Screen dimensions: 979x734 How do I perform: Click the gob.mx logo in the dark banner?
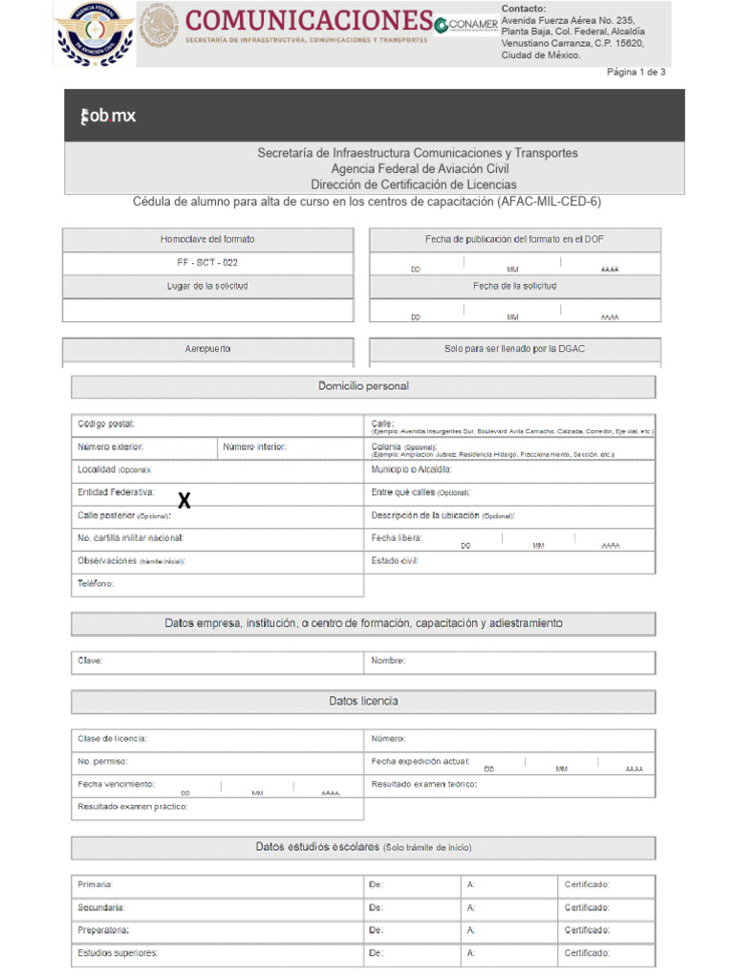click(108, 116)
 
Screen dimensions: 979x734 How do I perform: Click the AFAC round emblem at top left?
click(95, 34)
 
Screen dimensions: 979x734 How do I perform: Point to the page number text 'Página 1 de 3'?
click(636, 72)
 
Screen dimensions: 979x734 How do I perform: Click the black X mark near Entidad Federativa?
click(184, 501)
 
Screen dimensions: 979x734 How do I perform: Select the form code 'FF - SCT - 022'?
click(207, 263)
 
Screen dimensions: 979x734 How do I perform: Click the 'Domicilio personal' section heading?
click(363, 386)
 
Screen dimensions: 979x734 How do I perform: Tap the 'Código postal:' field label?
click(106, 424)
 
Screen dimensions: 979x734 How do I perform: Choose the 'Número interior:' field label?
click(254, 446)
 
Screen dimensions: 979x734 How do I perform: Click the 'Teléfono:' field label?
click(96, 583)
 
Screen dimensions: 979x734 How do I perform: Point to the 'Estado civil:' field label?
click(395, 560)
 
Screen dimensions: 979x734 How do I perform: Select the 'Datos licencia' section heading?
click(363, 702)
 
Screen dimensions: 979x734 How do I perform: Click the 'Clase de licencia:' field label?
click(113, 738)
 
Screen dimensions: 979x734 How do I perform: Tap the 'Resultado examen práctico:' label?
click(133, 807)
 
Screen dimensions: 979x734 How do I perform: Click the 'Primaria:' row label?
click(96, 884)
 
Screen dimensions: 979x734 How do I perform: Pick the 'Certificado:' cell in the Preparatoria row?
click(587, 930)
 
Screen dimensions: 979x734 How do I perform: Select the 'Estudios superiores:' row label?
click(118, 953)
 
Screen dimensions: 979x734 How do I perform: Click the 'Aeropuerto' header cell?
click(207, 349)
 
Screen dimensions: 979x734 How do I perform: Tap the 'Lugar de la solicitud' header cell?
click(207, 286)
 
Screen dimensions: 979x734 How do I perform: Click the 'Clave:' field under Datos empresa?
click(90, 661)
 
